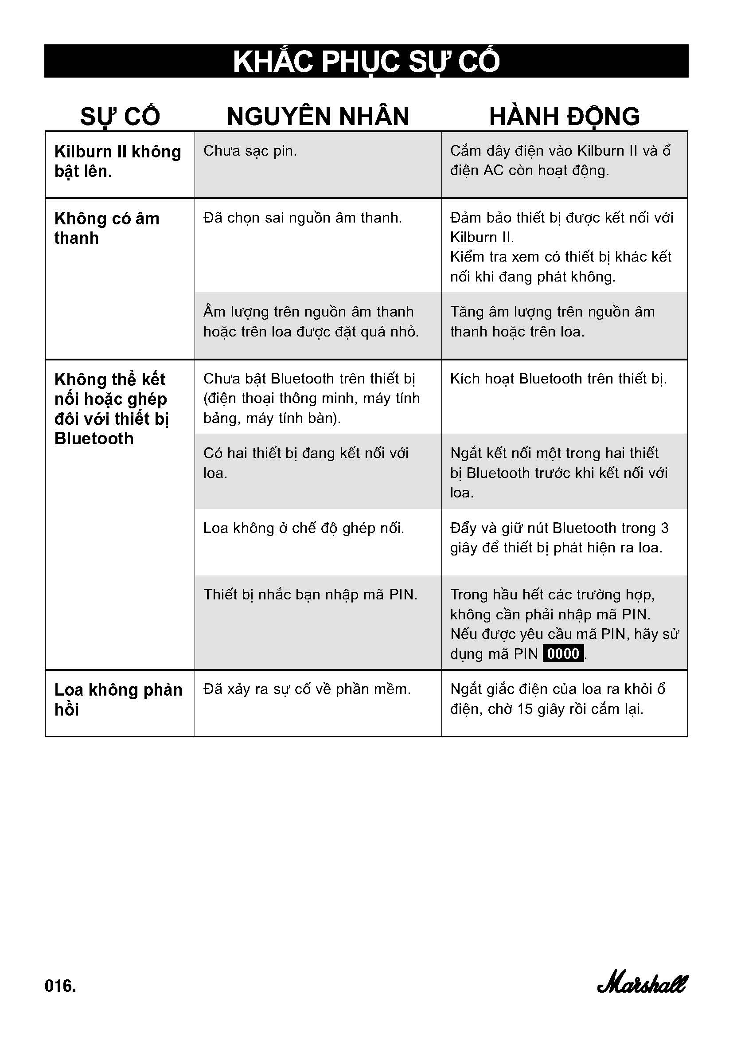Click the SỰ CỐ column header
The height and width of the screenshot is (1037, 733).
coord(120,117)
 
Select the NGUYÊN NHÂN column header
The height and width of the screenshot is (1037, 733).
coord(318,117)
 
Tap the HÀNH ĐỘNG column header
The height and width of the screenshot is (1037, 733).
coord(564,117)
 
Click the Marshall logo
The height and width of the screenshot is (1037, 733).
coord(641,985)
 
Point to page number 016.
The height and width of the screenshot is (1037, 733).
coord(60,986)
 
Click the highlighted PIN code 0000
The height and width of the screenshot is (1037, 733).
coord(563,654)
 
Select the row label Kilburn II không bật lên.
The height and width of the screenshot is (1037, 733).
coord(117,161)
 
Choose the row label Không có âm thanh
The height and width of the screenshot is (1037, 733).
coord(106,228)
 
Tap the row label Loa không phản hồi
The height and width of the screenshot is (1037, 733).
coord(118,700)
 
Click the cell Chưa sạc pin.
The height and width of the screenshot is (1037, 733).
coord(250,151)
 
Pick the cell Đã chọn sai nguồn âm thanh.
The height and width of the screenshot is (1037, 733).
coord(302,218)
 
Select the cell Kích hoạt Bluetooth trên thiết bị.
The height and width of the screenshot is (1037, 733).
coord(558,379)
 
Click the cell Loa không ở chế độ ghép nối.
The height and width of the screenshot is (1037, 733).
coord(304,528)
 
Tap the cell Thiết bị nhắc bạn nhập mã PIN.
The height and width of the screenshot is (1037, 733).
coord(311,595)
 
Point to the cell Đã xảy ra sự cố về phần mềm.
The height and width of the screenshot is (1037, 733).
coord(307,689)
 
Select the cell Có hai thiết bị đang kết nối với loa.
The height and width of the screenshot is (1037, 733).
coord(306,463)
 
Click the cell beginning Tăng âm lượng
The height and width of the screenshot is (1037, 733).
coord(552,321)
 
